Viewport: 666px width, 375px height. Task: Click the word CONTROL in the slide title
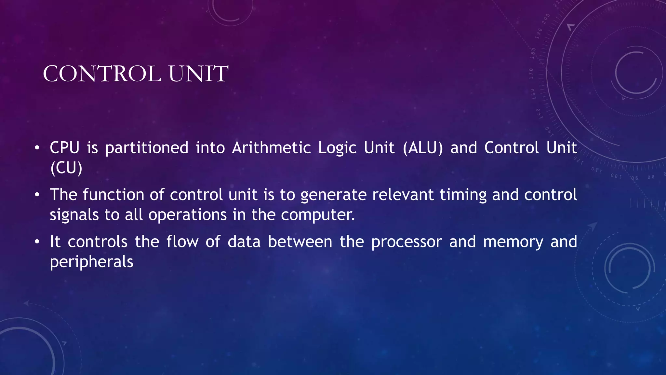point(102,74)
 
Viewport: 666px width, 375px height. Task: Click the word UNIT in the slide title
point(198,74)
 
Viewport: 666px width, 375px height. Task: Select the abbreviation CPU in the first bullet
point(64,148)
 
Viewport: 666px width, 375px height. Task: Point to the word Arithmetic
point(272,148)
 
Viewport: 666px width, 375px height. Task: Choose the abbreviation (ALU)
point(423,148)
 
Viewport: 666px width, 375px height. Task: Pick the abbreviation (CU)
point(66,168)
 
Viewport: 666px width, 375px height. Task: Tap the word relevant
point(403,195)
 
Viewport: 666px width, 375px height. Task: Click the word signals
point(74,215)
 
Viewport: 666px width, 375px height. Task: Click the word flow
point(182,242)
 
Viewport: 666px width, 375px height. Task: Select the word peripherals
point(91,262)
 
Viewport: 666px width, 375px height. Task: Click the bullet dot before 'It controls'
point(37,242)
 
